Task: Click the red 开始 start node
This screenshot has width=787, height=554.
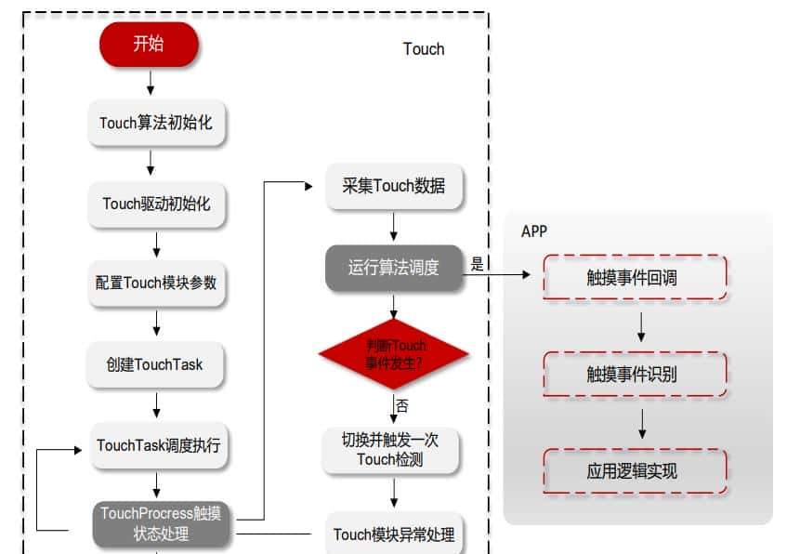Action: click(150, 45)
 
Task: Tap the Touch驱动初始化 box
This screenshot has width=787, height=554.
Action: click(156, 204)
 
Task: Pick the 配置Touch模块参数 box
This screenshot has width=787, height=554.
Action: click(156, 283)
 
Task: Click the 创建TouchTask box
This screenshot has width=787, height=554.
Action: click(156, 364)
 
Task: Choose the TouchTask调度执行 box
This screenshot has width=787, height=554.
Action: click(158, 445)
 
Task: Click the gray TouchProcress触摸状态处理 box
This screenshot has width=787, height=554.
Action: click(161, 523)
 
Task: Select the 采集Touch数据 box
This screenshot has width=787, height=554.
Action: click(394, 186)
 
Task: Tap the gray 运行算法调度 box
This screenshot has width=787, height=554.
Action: click(394, 268)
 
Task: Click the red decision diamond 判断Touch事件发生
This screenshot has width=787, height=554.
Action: click(394, 354)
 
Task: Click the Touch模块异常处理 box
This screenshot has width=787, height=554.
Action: click(394, 534)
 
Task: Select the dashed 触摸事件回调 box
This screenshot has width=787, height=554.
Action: click(636, 277)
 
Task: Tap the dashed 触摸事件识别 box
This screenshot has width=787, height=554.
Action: click(636, 374)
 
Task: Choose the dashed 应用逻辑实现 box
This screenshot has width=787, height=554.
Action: click(636, 471)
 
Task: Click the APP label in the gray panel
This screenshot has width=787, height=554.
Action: click(534, 231)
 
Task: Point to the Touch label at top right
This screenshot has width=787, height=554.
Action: click(424, 49)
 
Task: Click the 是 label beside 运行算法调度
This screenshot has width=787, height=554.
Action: click(477, 264)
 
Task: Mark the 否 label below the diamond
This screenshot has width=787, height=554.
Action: click(401, 406)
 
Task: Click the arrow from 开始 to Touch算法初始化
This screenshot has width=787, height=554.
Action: click(150, 82)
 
